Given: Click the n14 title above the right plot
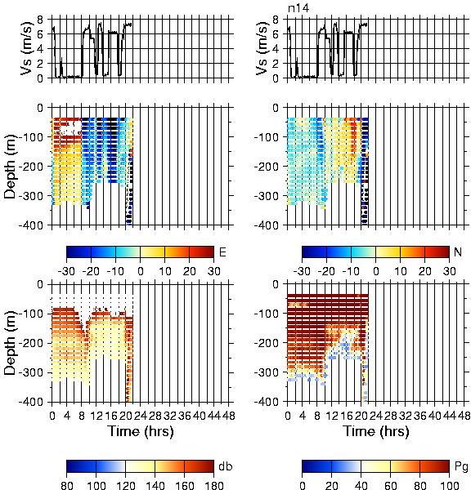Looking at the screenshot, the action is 298,8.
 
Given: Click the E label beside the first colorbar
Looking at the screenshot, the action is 222,252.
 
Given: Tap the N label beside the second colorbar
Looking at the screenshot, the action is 458,252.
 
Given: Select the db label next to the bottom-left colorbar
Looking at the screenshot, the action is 226,466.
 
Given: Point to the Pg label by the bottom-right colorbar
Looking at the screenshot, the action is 461,466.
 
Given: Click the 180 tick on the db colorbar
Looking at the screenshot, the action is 213,485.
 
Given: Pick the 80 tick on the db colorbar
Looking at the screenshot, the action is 67,485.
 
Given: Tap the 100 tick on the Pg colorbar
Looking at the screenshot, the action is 450,485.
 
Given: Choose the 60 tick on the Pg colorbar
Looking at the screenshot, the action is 390,485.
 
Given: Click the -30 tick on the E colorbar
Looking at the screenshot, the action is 66,271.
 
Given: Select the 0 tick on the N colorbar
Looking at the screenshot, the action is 375,271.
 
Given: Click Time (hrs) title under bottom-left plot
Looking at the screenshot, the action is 141,431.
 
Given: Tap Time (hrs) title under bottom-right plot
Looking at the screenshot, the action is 376,431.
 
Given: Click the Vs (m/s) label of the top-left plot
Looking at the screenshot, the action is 27,48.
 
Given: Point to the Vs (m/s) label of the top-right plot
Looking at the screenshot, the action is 262,48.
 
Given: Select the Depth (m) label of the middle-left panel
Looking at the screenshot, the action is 10,167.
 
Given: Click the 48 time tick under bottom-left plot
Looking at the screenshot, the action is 229,416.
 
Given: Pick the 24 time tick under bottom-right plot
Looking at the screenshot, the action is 376,416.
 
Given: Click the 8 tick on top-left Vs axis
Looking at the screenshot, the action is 40,20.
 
